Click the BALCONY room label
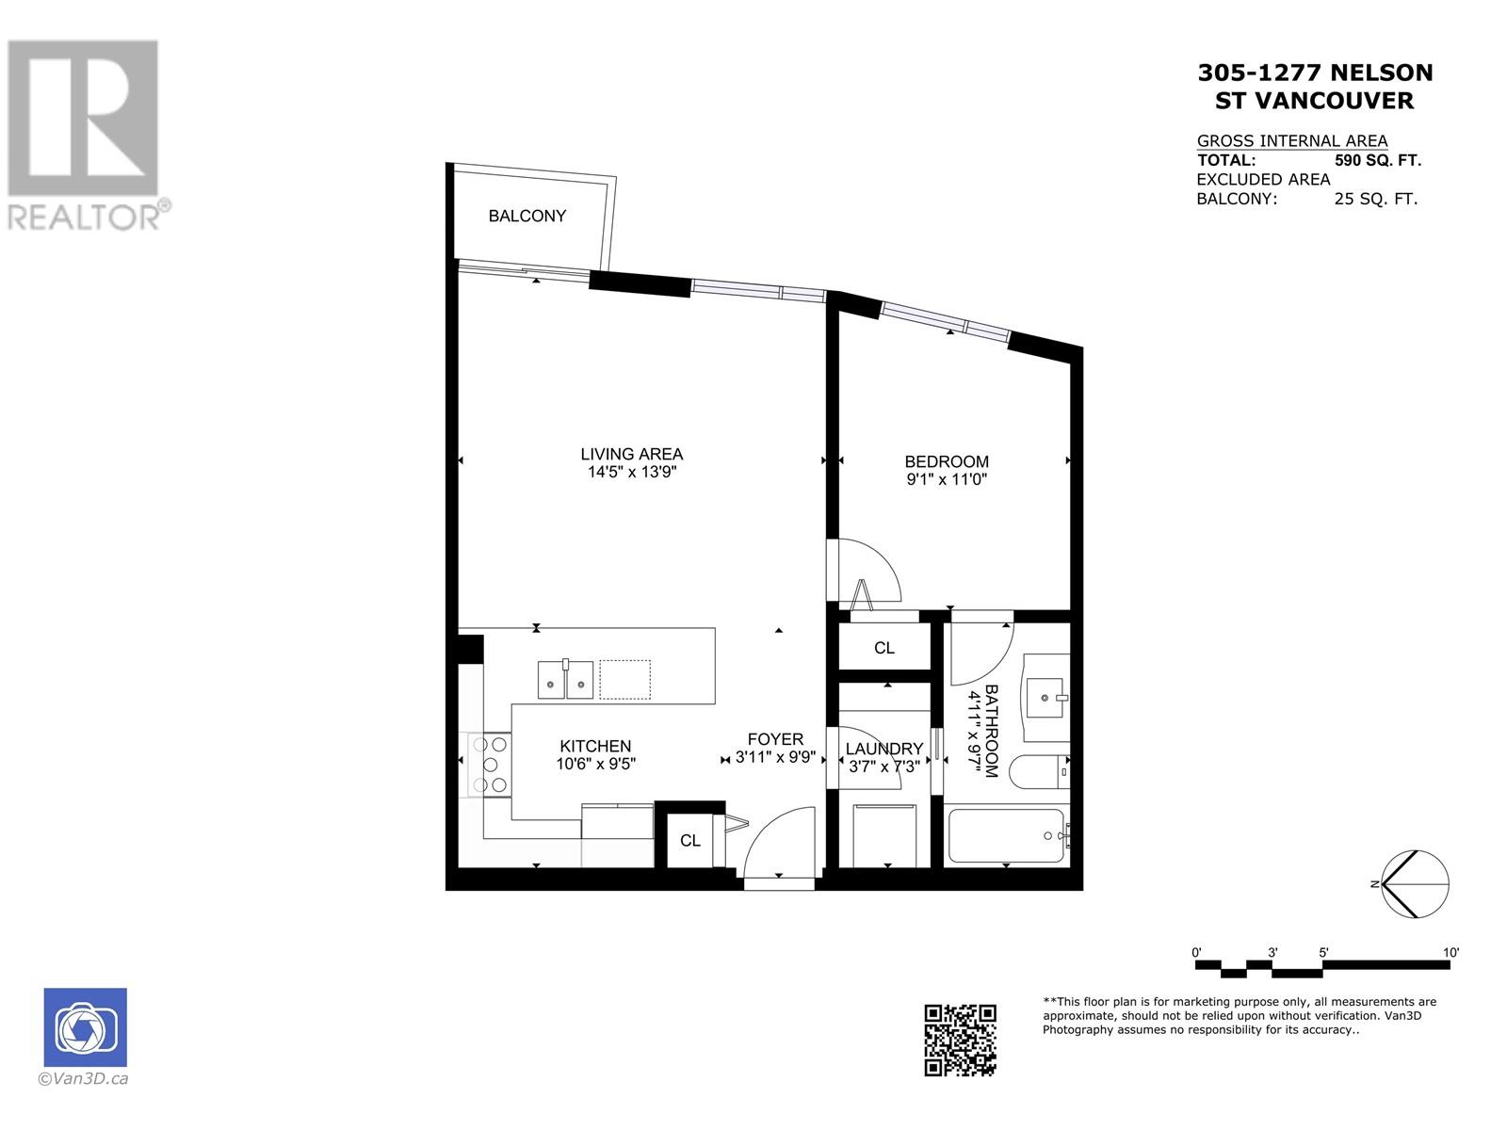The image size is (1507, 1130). (x=527, y=217)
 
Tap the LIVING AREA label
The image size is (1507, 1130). (x=632, y=454)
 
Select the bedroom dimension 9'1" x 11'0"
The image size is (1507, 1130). (x=946, y=479)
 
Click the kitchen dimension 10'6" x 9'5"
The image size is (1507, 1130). (x=595, y=764)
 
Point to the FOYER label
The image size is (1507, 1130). (x=775, y=739)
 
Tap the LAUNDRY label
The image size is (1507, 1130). (x=883, y=749)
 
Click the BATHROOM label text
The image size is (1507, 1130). (x=991, y=731)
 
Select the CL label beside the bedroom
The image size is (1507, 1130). (x=883, y=648)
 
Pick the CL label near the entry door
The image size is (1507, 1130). (x=690, y=841)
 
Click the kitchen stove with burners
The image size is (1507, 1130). (x=490, y=765)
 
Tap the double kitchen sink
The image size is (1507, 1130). (x=565, y=679)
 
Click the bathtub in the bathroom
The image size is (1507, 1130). (x=1007, y=835)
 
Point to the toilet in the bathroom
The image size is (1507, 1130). (x=1039, y=772)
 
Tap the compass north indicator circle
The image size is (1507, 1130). (x=1416, y=883)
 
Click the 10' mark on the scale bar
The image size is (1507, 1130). (x=1450, y=952)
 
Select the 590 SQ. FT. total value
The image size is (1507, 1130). (x=1377, y=160)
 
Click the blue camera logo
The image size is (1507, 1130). (x=85, y=1027)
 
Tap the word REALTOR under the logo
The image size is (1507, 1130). (x=84, y=218)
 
